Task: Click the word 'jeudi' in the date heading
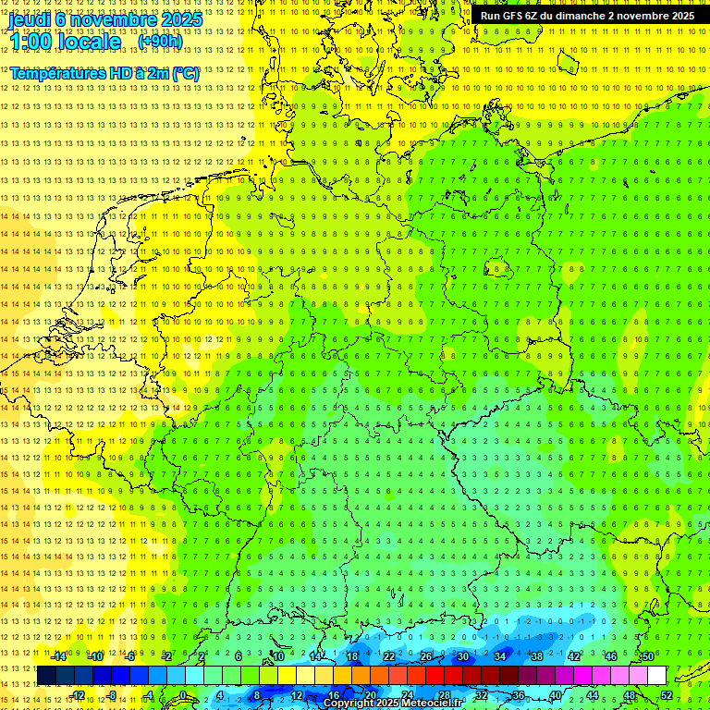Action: coord(30,18)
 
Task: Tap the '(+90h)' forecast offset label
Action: coord(160,42)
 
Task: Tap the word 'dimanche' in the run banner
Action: coord(581,16)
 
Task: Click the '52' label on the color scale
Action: coord(667,695)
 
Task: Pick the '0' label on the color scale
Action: coord(183,695)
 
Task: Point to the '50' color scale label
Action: coord(648,656)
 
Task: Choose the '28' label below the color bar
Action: coord(445,695)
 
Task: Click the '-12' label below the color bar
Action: coord(78,695)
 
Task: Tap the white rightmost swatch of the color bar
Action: coord(656,676)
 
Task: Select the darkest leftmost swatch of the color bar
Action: coord(46,676)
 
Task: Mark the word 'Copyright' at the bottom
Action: coord(350,704)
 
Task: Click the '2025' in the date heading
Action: coord(176,18)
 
